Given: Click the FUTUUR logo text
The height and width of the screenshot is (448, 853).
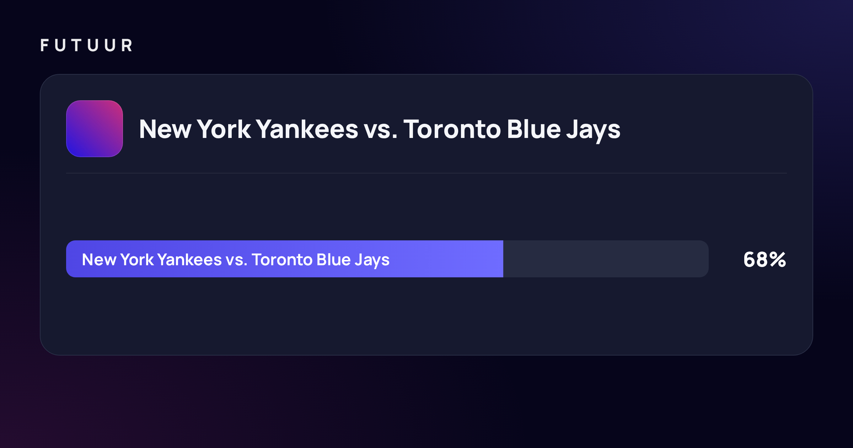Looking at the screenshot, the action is (86, 46).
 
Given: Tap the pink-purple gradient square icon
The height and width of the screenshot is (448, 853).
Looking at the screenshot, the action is (95, 129).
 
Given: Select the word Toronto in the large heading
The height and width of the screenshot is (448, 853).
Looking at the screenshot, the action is (452, 129).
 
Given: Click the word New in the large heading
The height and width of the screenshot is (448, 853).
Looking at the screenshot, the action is (165, 129).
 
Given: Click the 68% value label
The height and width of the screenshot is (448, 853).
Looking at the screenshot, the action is (765, 260).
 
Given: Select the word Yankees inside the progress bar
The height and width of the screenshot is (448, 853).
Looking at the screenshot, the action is (189, 260).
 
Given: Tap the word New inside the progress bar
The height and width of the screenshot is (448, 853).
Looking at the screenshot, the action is (99, 260).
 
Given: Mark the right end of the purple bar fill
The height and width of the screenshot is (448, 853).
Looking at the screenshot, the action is (503, 259).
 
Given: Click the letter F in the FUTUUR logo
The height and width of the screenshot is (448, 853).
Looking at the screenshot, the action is (44, 46).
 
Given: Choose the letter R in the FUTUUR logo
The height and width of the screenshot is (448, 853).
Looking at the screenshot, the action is (127, 46).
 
